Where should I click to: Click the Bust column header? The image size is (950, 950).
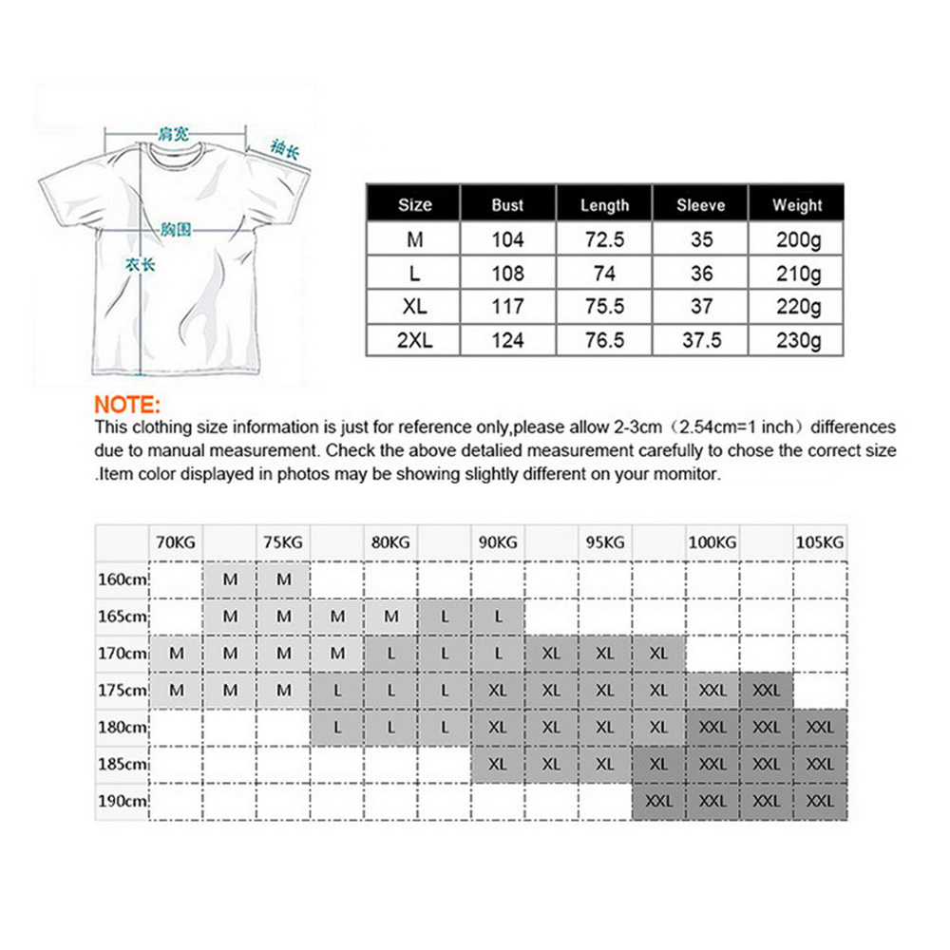pos(507,204)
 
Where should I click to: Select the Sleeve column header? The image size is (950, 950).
pos(700,204)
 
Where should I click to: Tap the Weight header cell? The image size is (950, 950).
pos(797,204)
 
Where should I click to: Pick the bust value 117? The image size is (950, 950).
pos(507,307)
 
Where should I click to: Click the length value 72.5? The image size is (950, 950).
pos(604,240)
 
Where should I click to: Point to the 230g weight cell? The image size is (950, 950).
pos(797,340)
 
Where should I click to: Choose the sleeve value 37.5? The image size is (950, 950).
pos(700,340)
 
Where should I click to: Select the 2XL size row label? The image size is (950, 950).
pos(414,340)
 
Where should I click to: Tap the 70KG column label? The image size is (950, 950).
pos(176,543)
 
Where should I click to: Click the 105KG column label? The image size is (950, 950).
pos(819,543)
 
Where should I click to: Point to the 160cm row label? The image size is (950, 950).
pos(123,579)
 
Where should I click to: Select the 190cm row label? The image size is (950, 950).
pos(123,801)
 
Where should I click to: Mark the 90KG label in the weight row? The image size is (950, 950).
pos(498,543)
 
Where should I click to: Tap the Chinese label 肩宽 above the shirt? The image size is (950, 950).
pos(174,134)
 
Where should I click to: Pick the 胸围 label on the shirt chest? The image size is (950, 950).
pos(177,229)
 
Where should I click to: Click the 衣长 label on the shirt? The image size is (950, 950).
pos(140,265)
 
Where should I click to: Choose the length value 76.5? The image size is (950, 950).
pos(604,340)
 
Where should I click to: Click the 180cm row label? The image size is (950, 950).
pos(123,728)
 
